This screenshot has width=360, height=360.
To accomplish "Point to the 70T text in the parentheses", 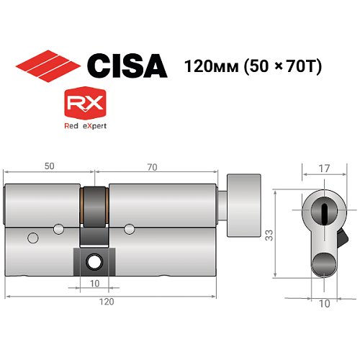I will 304,66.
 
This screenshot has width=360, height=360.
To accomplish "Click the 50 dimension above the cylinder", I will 48,166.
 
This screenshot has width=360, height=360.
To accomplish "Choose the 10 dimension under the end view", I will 324,304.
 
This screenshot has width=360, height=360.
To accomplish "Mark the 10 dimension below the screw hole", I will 94,283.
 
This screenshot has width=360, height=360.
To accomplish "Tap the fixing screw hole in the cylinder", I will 94,261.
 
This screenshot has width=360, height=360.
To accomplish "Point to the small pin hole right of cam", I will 129,229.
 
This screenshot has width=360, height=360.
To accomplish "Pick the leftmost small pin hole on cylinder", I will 32,238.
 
